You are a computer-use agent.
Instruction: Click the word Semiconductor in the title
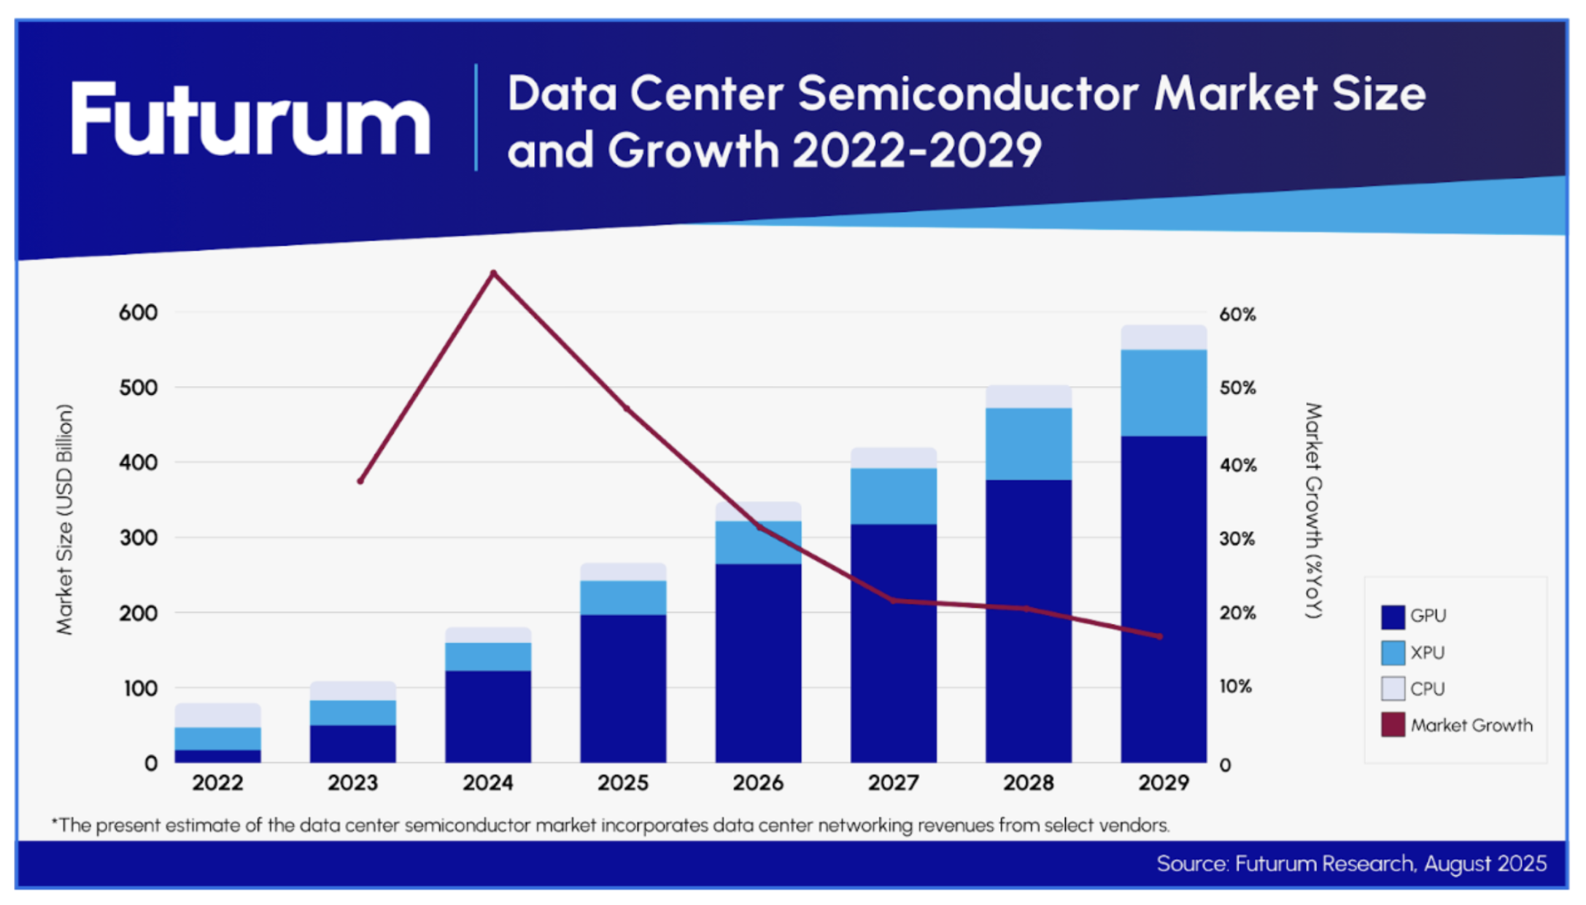pyautogui.click(x=967, y=95)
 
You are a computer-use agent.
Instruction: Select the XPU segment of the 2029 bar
pyautogui.click(x=1163, y=393)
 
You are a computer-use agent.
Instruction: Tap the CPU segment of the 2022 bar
pyautogui.click(x=217, y=715)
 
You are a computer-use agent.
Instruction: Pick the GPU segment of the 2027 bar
pyautogui.click(x=893, y=642)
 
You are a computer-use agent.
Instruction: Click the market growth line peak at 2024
pyautogui.click(x=494, y=274)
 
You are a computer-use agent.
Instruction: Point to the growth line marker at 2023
pyautogui.click(x=360, y=481)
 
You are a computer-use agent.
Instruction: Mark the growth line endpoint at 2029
pyautogui.click(x=1160, y=636)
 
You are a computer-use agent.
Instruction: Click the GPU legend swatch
pyautogui.click(x=1392, y=617)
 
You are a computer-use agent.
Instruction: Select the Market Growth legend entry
pyautogui.click(x=1471, y=725)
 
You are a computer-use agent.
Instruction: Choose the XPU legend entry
pyautogui.click(x=1427, y=652)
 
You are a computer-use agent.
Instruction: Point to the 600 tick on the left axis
pyautogui.click(x=138, y=313)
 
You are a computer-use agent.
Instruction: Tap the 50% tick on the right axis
pyautogui.click(x=1237, y=388)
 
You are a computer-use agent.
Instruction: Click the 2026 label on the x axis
pyautogui.click(x=758, y=783)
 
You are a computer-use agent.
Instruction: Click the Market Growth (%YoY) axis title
pyautogui.click(x=1314, y=511)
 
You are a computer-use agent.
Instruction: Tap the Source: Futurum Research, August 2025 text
pyautogui.click(x=1351, y=864)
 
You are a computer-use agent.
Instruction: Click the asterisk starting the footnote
pyautogui.click(x=55, y=823)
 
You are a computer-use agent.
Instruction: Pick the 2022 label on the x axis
pyautogui.click(x=217, y=783)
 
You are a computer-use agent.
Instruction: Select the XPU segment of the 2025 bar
pyautogui.click(x=623, y=597)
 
